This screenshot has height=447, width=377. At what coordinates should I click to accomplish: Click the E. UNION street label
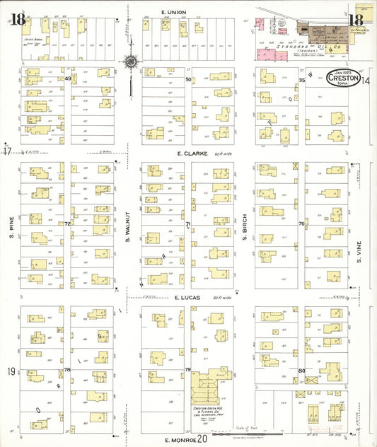173,12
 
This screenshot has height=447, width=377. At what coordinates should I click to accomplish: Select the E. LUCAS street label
186,299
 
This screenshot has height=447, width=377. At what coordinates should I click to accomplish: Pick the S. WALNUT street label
129,228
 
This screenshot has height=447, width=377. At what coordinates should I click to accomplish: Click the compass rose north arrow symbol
132,63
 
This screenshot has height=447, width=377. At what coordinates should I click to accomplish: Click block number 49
68,79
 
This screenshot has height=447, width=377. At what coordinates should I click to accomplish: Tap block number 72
68,223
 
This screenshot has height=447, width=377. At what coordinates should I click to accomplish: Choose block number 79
188,370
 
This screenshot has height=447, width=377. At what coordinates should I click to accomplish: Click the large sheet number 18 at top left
18,19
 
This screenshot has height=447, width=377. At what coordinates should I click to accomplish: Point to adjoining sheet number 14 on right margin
366,81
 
